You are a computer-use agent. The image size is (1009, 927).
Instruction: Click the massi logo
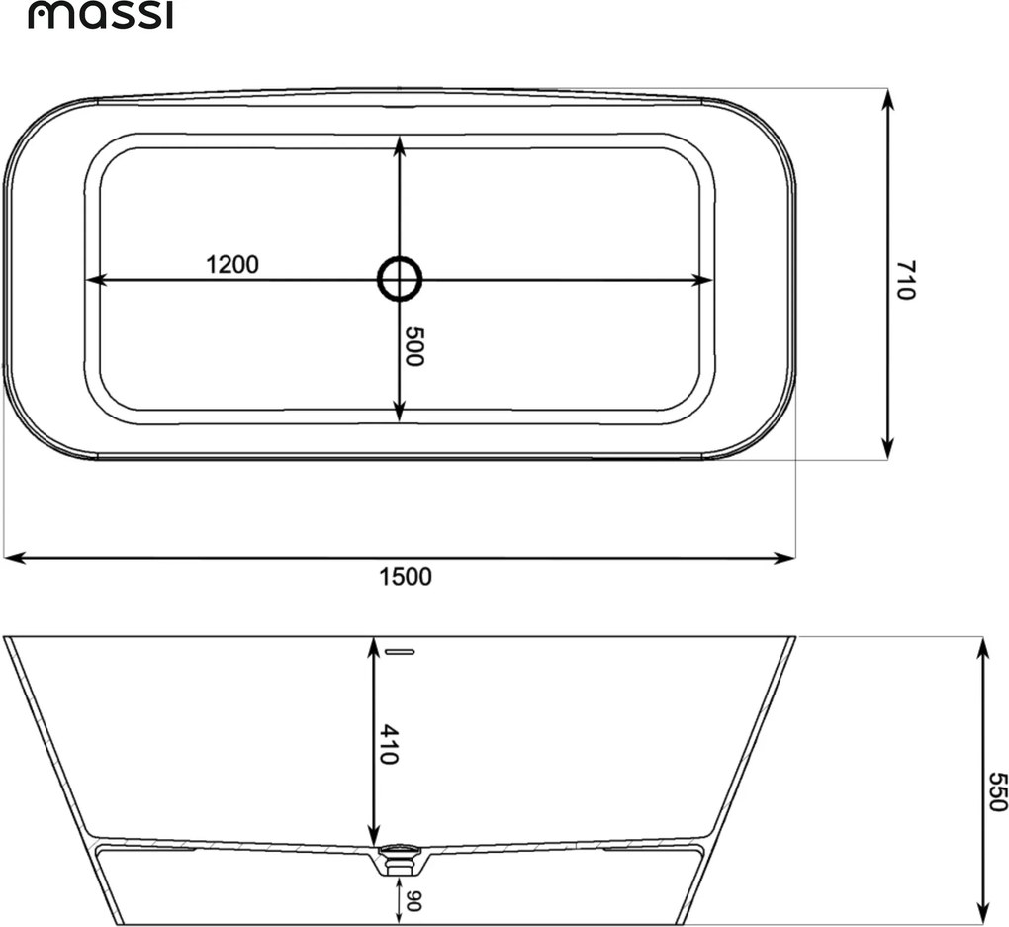click(x=100, y=16)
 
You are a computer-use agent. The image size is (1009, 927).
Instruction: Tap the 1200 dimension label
click(x=231, y=264)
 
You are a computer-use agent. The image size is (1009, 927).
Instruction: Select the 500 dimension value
click(x=414, y=346)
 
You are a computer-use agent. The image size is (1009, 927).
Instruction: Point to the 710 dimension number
click(x=905, y=279)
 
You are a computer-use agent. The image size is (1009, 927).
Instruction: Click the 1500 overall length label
click(x=405, y=576)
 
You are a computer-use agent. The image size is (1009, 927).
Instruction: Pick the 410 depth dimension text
click(x=389, y=744)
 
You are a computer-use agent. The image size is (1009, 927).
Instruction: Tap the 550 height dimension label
click(x=997, y=791)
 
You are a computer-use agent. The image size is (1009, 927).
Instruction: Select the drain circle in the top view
click(x=400, y=279)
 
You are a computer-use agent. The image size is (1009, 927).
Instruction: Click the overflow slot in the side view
click(x=399, y=652)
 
